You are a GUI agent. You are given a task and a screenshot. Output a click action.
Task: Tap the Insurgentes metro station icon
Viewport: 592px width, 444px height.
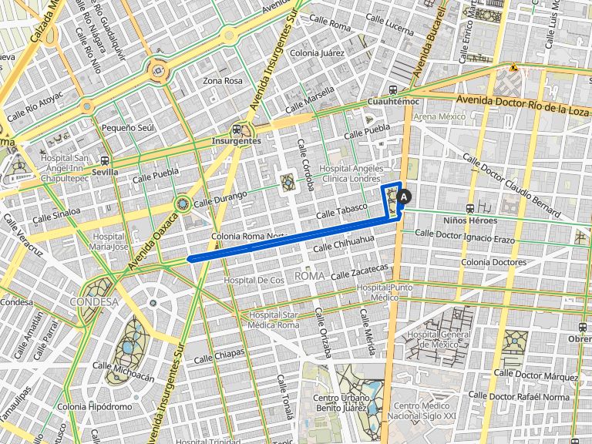coord(237,129)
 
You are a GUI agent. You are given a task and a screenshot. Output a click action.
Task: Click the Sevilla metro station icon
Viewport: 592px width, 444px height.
coord(104,161)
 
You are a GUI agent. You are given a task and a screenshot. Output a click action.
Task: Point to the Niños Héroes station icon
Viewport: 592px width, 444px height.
coord(470,208)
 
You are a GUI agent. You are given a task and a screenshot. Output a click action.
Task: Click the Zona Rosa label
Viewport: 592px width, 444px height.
coord(222,80)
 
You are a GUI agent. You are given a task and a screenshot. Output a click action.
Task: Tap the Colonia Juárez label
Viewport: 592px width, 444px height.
coord(317,53)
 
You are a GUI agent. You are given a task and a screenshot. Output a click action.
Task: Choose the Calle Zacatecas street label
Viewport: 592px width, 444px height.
coord(359,272)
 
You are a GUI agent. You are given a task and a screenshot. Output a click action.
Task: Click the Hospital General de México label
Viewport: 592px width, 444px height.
coord(438,339)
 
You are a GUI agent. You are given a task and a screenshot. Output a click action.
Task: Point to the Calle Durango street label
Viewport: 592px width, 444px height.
coord(221,199)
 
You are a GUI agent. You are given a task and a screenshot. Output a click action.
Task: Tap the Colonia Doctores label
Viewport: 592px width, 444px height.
coord(493,262)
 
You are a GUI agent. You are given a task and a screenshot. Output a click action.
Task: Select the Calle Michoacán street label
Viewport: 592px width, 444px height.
coord(124,371)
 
